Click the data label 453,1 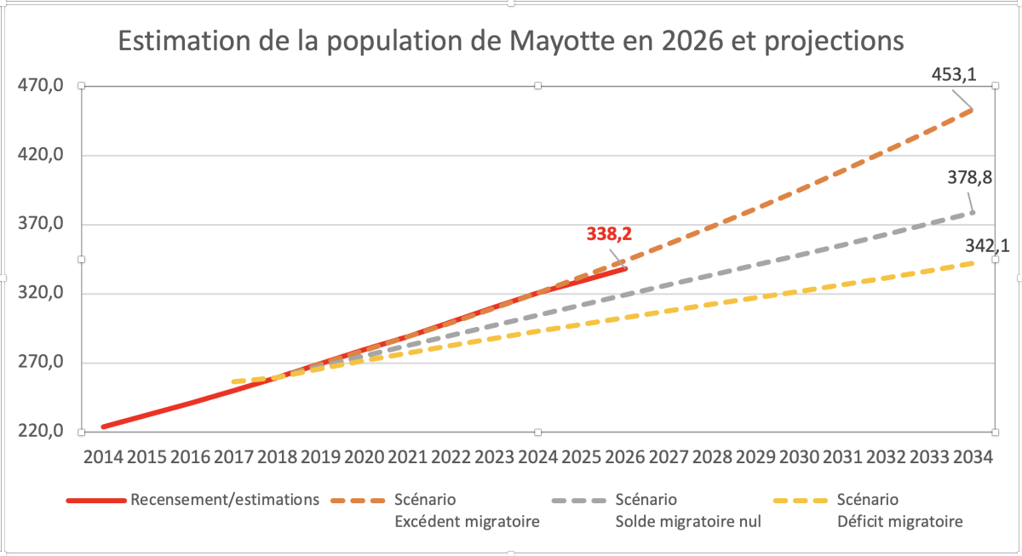(x=954, y=75)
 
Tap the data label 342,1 (x=987, y=246)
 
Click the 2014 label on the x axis (x=102, y=457)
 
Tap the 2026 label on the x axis (x=624, y=457)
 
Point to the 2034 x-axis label (x=973, y=457)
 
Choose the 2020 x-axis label (x=364, y=457)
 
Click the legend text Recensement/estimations (x=225, y=500)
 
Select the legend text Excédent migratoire (x=468, y=522)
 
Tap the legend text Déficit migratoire (x=901, y=522)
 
